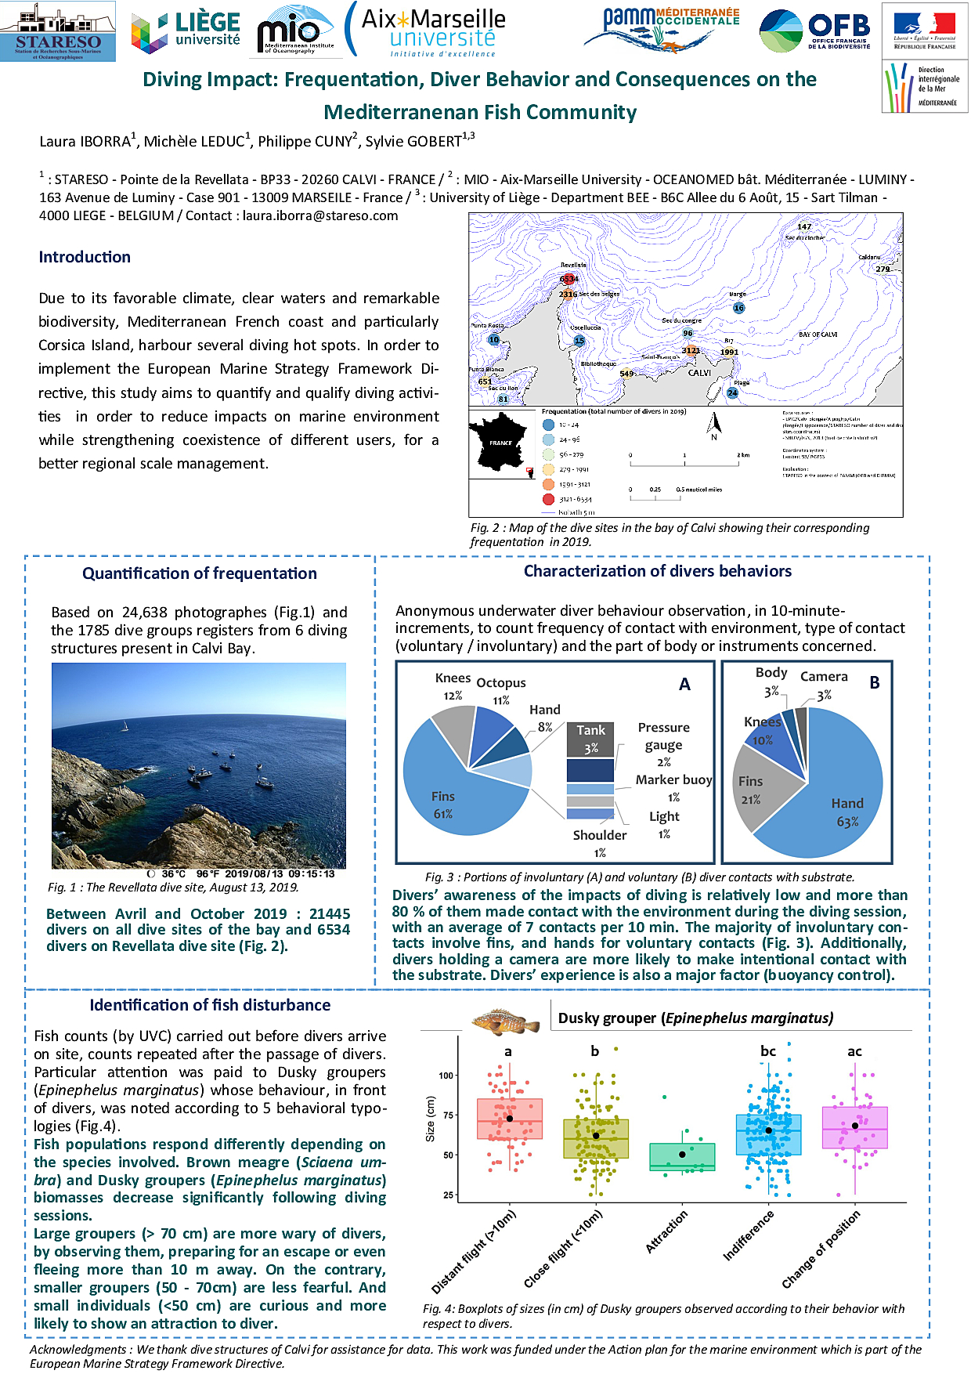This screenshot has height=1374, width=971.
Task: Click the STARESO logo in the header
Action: coord(58,32)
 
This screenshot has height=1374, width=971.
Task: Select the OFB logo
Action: coord(815,31)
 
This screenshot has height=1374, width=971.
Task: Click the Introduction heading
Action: coord(85,257)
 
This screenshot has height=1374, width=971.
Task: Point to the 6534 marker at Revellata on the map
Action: coord(569,279)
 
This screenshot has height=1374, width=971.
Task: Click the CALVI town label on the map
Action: coord(699,373)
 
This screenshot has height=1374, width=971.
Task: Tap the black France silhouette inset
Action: coord(499,444)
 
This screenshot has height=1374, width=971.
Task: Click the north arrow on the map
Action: coord(713,425)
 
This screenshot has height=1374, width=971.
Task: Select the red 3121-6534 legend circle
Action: coord(548,499)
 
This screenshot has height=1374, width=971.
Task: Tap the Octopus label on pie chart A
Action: coord(501,683)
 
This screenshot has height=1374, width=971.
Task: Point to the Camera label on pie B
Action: coord(824,677)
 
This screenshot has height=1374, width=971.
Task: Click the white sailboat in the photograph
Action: coord(125,726)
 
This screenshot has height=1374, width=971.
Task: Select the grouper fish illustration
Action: coord(505,1021)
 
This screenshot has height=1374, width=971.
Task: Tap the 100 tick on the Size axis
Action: coord(446,1076)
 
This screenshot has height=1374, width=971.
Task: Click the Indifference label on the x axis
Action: coord(749,1235)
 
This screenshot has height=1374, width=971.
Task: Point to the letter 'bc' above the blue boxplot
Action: coord(768,1051)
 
